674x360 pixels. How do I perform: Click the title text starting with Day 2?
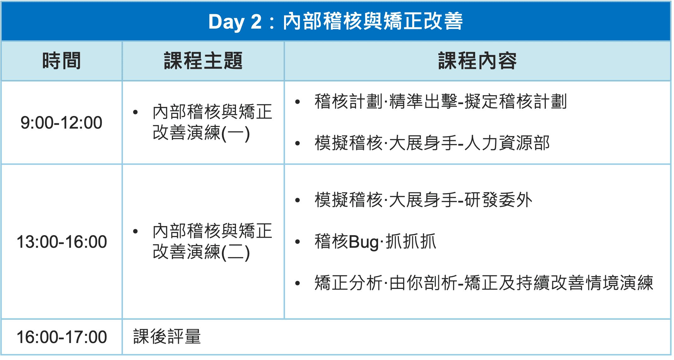coord(336,21)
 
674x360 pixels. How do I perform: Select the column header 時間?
coord(62,61)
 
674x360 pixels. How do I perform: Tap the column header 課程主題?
coord(203,61)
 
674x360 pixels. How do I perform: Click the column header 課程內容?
coord(478,61)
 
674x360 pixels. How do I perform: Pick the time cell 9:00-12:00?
coord(62,123)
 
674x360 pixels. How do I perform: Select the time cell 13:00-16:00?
coord(62,242)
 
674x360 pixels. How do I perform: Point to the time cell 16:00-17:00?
coord(62,337)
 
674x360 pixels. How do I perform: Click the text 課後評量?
coord(167,337)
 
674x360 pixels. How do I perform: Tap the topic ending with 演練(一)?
coord(212,123)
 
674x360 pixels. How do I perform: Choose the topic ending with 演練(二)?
coord(212,242)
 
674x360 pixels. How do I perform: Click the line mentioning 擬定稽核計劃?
coord(441,102)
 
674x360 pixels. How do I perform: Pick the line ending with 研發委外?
coord(424,200)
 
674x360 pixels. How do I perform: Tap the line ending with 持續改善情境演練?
coord(484,283)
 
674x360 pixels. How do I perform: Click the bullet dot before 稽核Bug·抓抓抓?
coord(298,242)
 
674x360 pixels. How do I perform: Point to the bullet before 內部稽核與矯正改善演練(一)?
coord(135,112)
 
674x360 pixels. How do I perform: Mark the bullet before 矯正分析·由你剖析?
coord(298,283)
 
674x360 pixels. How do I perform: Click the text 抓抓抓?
coord(411,242)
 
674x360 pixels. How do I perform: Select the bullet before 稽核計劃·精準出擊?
coord(298,102)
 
